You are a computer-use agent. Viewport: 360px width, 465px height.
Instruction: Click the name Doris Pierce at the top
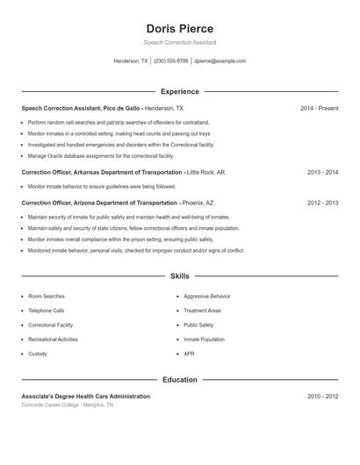click(x=180, y=28)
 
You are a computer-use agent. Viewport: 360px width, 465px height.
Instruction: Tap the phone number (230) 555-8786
click(x=170, y=61)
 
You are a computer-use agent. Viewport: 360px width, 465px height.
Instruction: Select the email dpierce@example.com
click(x=220, y=61)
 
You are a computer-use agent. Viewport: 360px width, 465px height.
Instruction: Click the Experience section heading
click(x=180, y=91)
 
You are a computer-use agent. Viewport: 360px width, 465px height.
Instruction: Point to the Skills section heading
click(x=180, y=276)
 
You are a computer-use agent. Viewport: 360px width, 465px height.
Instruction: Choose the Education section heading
click(x=180, y=380)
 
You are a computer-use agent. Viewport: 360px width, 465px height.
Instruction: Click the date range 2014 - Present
click(x=319, y=108)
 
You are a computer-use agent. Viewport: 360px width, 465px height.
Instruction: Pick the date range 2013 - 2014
click(x=322, y=173)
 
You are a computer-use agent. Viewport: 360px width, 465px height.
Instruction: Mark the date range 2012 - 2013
click(x=322, y=203)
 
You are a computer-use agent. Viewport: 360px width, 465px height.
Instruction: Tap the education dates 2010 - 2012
click(x=322, y=397)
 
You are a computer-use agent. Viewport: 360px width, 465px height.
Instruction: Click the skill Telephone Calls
click(x=47, y=311)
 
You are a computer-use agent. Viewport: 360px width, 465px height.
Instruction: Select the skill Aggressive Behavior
click(x=207, y=297)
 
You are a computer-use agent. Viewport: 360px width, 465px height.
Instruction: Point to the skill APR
click(x=189, y=354)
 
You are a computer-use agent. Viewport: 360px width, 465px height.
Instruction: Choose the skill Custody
click(x=38, y=354)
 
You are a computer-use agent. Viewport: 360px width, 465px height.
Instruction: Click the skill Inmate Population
click(x=204, y=340)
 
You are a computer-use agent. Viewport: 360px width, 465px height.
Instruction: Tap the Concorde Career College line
click(x=68, y=405)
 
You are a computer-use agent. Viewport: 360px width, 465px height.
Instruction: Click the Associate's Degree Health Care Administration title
click(x=85, y=397)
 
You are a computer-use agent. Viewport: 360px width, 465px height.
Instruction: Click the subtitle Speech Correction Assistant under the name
click(x=180, y=42)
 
